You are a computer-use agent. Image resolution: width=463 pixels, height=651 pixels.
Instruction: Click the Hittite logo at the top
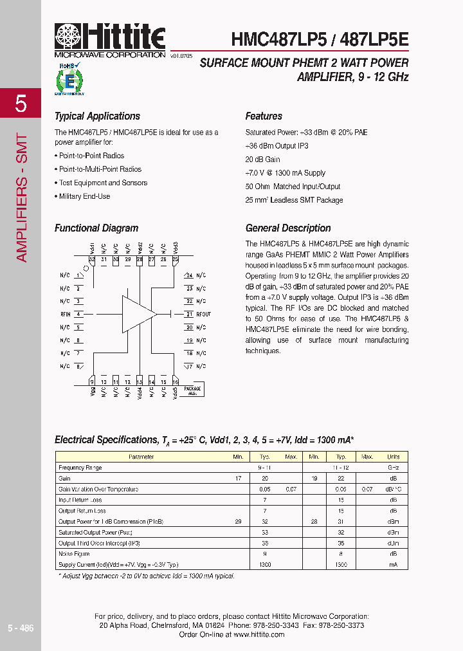(x=110, y=40)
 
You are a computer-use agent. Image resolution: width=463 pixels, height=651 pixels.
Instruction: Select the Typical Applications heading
(x=97, y=116)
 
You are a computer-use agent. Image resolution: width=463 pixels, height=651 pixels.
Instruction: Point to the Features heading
(x=264, y=116)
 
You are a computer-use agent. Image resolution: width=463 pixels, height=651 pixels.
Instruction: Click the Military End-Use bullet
(x=84, y=196)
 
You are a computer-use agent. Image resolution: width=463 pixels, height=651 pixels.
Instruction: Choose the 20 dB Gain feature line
(x=262, y=160)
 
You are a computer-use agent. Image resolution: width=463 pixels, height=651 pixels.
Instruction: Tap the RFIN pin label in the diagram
(x=65, y=315)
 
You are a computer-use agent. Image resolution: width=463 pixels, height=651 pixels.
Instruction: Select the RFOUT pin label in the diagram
(x=203, y=315)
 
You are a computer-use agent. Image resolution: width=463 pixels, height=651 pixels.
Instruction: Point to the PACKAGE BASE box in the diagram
(x=192, y=390)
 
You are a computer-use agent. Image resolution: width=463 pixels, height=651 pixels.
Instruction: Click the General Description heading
(x=288, y=228)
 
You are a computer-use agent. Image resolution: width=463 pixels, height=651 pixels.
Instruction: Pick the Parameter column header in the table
(x=141, y=457)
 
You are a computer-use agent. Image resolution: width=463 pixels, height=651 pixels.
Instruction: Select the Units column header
(x=393, y=457)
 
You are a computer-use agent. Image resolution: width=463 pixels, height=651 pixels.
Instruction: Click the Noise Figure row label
(x=74, y=554)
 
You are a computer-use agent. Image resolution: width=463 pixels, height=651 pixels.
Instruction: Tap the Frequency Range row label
(x=80, y=468)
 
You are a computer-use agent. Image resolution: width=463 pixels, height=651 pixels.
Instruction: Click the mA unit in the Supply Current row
(x=393, y=565)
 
